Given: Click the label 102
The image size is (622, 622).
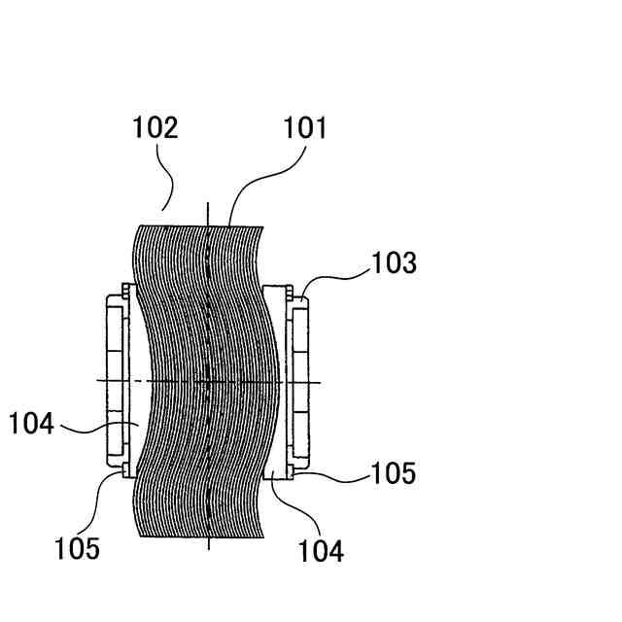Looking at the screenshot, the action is click(x=155, y=128).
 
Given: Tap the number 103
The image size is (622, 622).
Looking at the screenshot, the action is click(x=394, y=262).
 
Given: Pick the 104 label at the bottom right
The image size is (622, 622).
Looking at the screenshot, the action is click(x=321, y=551).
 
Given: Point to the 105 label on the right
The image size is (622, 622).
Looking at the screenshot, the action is click(x=394, y=473).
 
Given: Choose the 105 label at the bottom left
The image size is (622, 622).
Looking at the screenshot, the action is click(x=77, y=548).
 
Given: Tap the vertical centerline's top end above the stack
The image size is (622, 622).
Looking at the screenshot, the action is click(x=209, y=209).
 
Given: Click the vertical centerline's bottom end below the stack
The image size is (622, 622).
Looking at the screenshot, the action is click(x=209, y=544).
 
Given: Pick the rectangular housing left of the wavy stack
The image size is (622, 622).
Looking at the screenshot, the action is click(x=115, y=379).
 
